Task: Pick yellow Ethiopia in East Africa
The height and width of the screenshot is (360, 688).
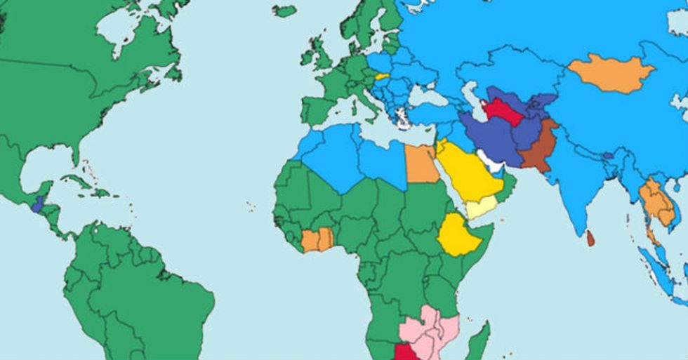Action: pos(459,235)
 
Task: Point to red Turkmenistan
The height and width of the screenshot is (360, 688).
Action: pos(503,111)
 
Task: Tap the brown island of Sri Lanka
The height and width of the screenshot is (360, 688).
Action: pos(590,239)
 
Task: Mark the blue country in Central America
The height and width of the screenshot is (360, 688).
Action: pos(38,204)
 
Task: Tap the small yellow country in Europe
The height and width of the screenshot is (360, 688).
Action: pos(382,76)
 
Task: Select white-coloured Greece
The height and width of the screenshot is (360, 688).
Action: pos(401,116)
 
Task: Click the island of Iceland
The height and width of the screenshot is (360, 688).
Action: pos(284,11)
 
